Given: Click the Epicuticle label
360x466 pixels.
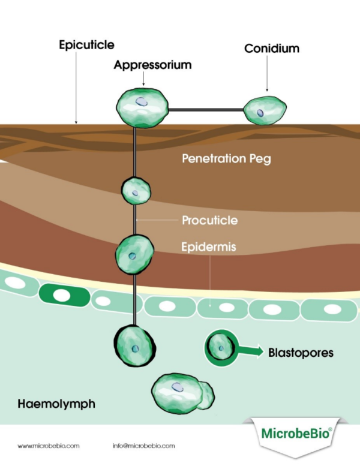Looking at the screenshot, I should click(x=86, y=45).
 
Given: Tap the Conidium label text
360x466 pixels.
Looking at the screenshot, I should click(x=271, y=49).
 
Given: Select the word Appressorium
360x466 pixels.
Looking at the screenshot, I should click(x=152, y=65).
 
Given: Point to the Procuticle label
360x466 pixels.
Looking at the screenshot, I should click(x=209, y=221).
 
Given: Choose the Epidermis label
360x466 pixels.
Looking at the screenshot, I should click(x=208, y=246).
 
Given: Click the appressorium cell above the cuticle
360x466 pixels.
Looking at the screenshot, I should click(x=140, y=107).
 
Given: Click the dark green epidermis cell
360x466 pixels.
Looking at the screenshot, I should click(x=61, y=294).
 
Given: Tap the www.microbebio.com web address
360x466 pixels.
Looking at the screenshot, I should click(x=49, y=446).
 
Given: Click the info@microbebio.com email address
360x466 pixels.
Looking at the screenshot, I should click(x=143, y=446).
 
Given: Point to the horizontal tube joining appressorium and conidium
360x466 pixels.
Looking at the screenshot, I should click(x=205, y=110).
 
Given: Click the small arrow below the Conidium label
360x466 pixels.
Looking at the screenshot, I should click(x=265, y=85).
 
